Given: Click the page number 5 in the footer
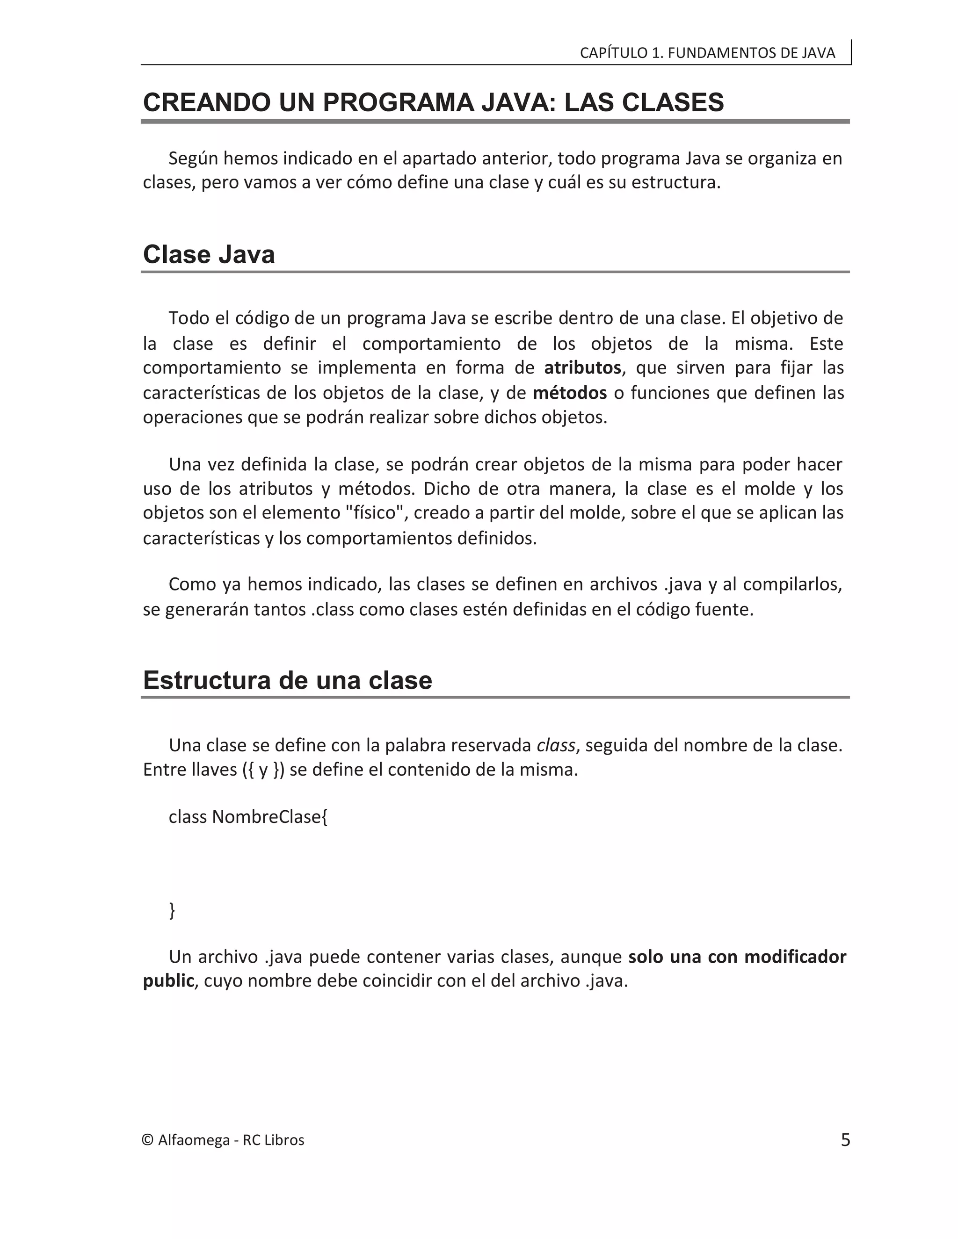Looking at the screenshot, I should (845, 1140).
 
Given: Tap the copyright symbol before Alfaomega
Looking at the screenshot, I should (147, 1141).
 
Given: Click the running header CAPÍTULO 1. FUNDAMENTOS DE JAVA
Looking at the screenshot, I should (707, 53).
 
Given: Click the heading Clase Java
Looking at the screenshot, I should (209, 254).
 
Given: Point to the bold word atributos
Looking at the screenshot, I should (582, 368).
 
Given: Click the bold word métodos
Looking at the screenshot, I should (569, 393).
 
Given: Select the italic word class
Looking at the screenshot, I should (556, 745).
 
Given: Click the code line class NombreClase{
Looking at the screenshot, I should (248, 817).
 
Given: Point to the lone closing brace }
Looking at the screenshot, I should (173, 910).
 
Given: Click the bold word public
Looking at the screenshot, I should (168, 981).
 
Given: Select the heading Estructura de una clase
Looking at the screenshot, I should (287, 680).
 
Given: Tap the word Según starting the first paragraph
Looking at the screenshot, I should (193, 158).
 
